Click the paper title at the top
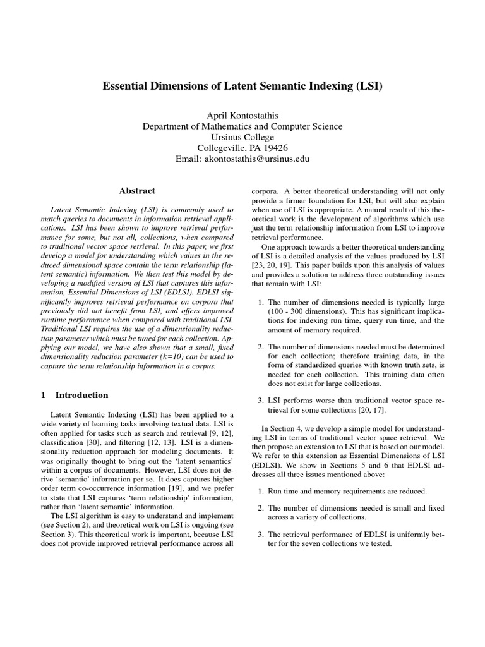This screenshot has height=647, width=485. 242,85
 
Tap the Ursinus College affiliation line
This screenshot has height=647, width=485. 242,137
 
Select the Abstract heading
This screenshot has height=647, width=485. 137,190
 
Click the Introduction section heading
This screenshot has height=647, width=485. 81,396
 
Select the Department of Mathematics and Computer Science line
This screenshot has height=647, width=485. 242,126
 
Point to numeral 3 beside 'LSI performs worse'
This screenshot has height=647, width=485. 261,400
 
